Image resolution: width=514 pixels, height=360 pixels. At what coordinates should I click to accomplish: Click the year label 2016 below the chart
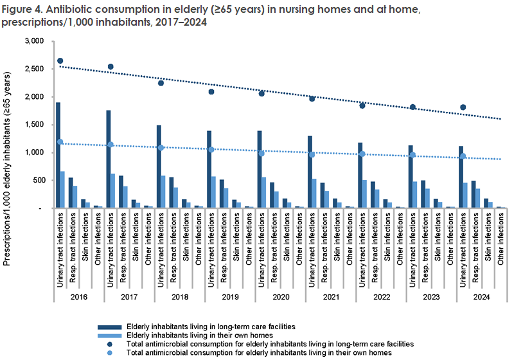(x=78, y=297)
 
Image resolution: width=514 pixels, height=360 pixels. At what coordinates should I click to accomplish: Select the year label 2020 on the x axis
(x=280, y=297)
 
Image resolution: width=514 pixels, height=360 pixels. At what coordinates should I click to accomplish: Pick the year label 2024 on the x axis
(x=481, y=297)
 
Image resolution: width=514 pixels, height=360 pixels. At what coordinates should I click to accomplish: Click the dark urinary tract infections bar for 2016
(x=58, y=155)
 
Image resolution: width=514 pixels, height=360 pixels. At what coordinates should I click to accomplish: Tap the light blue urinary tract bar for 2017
(x=113, y=190)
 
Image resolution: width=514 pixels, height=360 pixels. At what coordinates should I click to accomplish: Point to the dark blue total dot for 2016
(x=60, y=61)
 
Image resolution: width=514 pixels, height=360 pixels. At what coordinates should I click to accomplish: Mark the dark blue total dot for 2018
(x=161, y=83)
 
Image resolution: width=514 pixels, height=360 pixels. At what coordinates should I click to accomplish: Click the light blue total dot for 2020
(x=261, y=153)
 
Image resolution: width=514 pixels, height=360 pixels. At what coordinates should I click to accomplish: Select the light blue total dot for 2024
(x=463, y=156)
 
